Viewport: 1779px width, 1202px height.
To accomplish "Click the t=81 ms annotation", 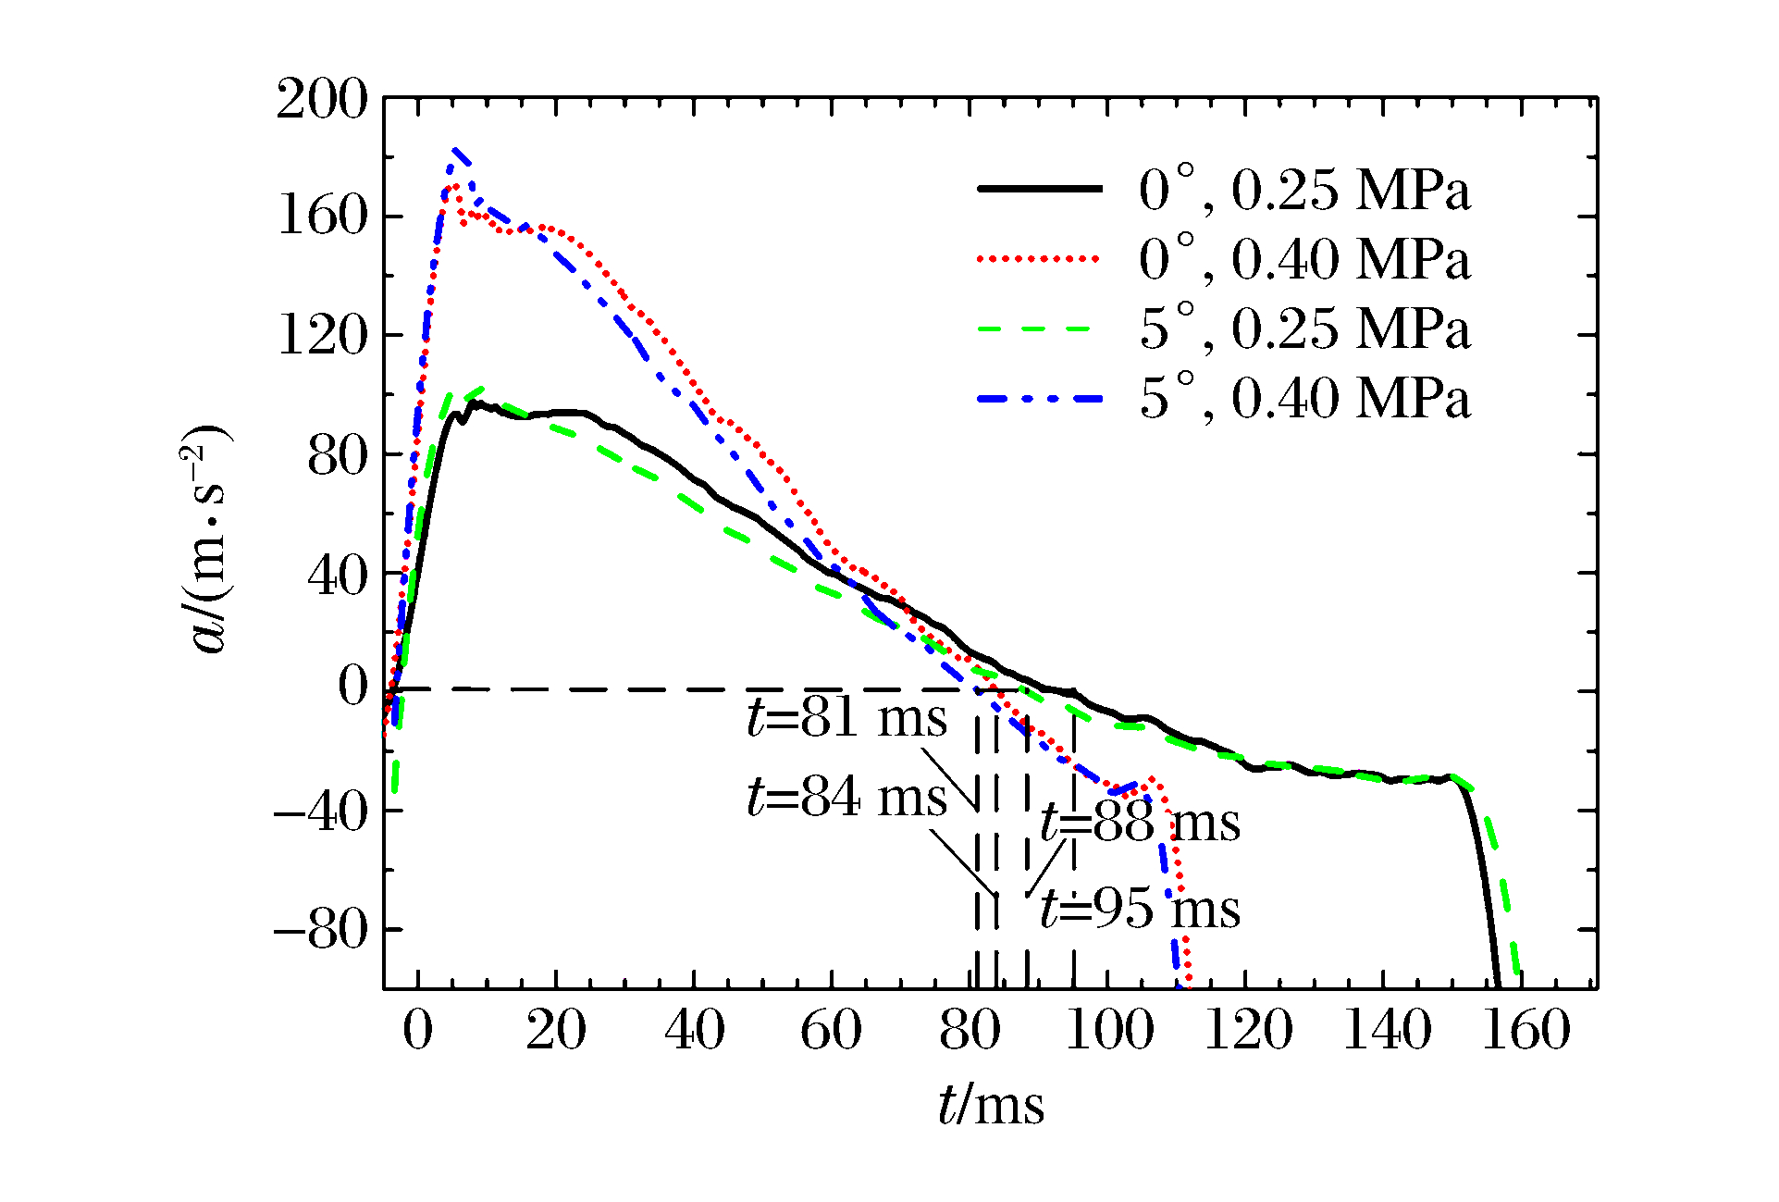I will pyautogui.click(x=846, y=718).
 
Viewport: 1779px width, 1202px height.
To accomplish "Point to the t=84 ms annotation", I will pyautogui.click(x=846, y=797).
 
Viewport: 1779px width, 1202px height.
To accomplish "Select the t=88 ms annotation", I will pyautogui.click(x=1140, y=822).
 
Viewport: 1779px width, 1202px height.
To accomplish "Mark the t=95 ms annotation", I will pyautogui.click(x=1140, y=909).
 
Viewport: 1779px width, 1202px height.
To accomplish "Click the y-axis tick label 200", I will pyautogui.click(x=322, y=99).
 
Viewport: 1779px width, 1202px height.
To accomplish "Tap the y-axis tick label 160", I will pyautogui.click(x=322, y=217).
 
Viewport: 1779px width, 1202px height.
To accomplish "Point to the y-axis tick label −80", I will pyautogui.click(x=320, y=929).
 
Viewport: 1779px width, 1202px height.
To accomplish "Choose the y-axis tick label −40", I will pyautogui.click(x=320, y=811).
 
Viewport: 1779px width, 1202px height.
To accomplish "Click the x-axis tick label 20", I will pyautogui.click(x=556, y=1030).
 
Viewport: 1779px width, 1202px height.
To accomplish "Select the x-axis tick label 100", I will pyautogui.click(x=1109, y=1030).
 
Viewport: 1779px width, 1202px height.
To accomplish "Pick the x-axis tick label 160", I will pyautogui.click(x=1526, y=1030).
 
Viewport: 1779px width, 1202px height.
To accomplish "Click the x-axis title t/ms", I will pyautogui.click(x=991, y=1105).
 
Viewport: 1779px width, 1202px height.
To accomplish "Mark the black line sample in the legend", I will pyautogui.click(x=1040, y=189).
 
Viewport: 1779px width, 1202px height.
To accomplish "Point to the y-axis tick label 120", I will pyautogui.click(x=322, y=335).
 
